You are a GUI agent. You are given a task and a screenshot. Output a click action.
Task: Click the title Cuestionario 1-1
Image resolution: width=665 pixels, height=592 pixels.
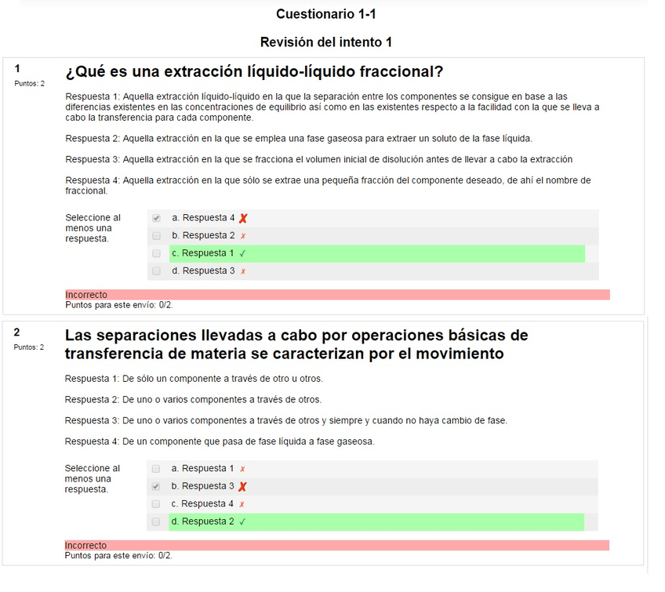pos(332,14)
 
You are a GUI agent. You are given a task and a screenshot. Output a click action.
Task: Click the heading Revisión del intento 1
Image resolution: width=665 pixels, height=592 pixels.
pos(326,42)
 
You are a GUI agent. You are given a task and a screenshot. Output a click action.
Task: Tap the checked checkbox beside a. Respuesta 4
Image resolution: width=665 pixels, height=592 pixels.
pos(157,218)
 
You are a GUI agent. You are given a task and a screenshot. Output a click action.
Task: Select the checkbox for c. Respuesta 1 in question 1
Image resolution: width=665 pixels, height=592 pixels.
pos(157,253)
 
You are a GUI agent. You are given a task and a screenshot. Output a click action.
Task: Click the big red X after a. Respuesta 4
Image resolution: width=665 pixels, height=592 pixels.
pos(243,219)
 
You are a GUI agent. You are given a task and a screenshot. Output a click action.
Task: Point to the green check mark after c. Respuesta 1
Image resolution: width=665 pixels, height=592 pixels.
pos(243,253)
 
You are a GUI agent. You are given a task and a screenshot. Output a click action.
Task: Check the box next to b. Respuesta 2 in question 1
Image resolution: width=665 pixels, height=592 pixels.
pos(157,235)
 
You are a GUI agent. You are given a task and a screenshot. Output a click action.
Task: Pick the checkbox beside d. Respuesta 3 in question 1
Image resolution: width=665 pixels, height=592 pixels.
pos(157,271)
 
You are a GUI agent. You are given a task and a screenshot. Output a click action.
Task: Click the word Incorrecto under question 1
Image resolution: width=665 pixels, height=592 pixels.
pos(86,295)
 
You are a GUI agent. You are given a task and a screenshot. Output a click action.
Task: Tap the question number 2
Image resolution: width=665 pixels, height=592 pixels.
pos(17,332)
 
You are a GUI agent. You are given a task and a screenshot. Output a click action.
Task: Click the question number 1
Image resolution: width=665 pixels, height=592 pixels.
pos(17,69)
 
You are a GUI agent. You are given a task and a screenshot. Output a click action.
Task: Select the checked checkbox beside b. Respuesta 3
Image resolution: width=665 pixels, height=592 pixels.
pos(156,486)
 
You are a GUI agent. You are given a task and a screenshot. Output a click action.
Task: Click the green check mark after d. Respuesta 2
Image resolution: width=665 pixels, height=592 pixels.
pos(242,521)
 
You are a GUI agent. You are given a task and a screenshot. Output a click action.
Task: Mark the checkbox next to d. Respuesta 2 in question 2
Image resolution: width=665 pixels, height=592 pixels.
pos(156,521)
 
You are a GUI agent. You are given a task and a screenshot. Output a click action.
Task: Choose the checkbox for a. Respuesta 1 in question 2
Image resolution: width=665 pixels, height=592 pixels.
pos(156,468)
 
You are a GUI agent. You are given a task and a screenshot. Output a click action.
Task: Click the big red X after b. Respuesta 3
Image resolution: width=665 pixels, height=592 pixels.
pos(242,487)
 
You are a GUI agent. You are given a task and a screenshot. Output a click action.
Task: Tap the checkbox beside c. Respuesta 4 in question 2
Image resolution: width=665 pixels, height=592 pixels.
pos(156,503)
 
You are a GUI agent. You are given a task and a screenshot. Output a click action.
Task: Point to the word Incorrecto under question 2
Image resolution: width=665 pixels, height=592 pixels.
pos(85,545)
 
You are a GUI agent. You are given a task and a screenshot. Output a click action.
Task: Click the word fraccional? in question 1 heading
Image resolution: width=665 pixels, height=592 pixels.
pos(401,72)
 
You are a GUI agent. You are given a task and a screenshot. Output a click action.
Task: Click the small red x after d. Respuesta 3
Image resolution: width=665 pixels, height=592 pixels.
pos(243,271)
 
